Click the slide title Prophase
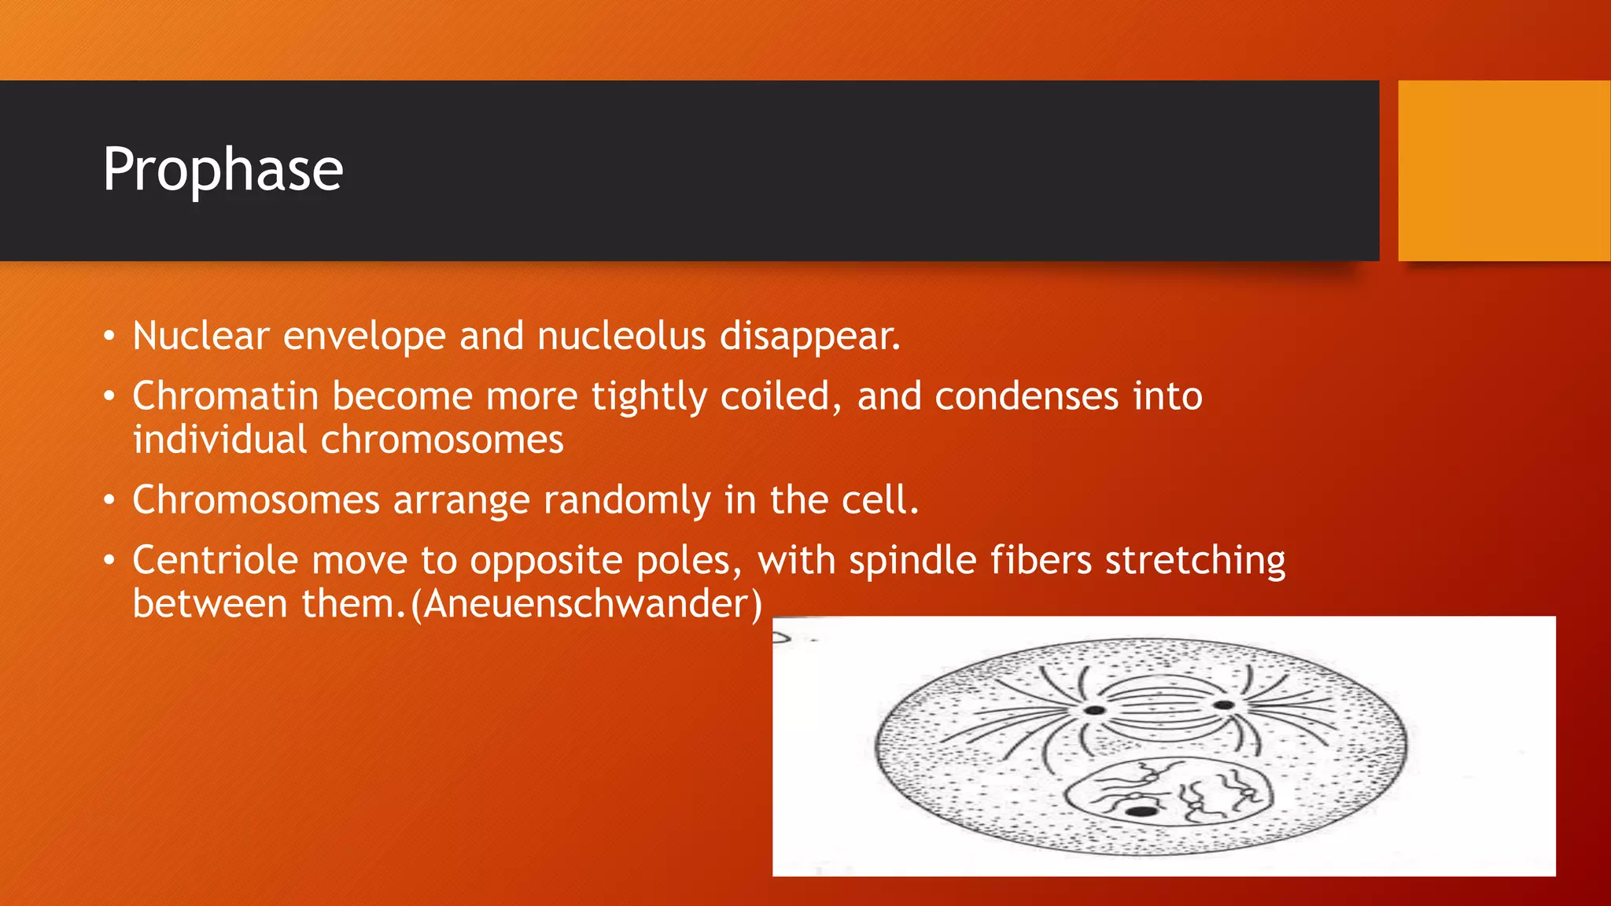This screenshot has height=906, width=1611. click(x=223, y=171)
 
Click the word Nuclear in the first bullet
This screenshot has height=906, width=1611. click(x=201, y=337)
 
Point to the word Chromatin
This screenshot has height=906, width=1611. click(x=225, y=396)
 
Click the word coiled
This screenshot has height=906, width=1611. click(x=779, y=396)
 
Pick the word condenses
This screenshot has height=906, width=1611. click(x=1026, y=396)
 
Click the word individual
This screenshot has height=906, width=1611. click(x=219, y=440)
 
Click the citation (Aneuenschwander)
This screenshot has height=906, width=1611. click(x=587, y=605)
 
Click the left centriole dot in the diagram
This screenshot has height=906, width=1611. click(x=1094, y=710)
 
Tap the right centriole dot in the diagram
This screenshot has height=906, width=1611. click(x=1223, y=705)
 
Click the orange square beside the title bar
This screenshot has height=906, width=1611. click(x=1503, y=171)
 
